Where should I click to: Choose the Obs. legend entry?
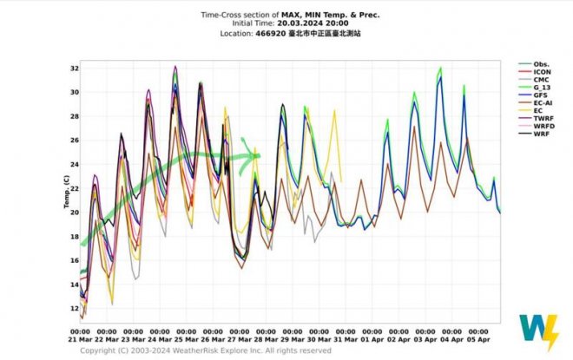click(x=542, y=64)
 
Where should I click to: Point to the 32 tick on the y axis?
click(x=75, y=68)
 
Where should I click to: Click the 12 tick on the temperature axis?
click(x=75, y=308)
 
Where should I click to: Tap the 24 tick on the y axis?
click(x=75, y=164)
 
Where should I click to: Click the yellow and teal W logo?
click(x=537, y=332)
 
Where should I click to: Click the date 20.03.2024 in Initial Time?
click(x=287, y=24)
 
